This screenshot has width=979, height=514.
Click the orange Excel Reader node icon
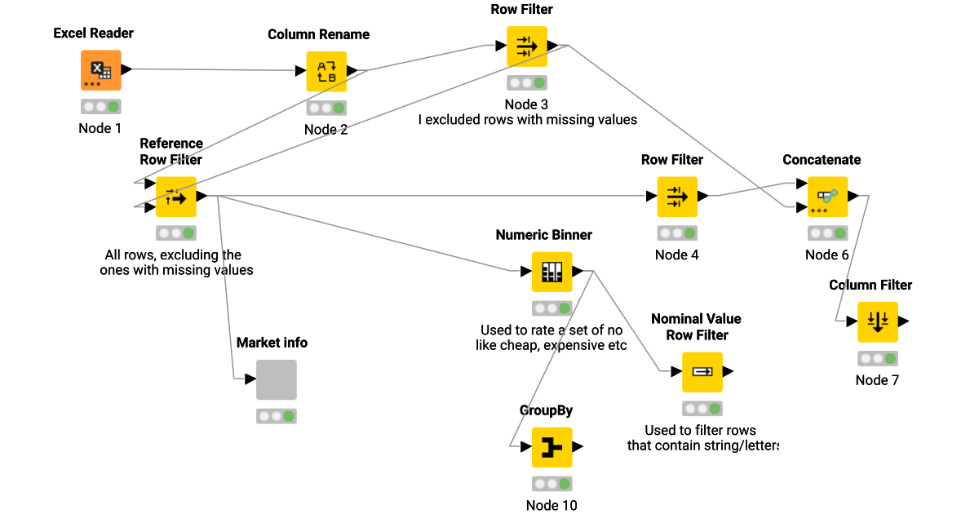pyautogui.click(x=101, y=70)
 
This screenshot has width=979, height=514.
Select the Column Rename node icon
pyautogui.click(x=326, y=71)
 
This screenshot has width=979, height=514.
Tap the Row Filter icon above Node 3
pyautogui.click(x=527, y=47)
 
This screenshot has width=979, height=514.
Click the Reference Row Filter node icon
pyautogui.click(x=176, y=197)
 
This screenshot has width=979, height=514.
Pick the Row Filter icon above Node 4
pyautogui.click(x=677, y=197)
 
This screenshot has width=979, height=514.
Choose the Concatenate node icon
pyautogui.click(x=827, y=197)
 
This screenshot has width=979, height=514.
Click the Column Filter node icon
pyautogui.click(x=878, y=321)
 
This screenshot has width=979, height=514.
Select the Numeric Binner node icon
pyautogui.click(x=552, y=272)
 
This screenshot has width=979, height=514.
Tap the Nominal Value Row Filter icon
pyautogui.click(x=702, y=372)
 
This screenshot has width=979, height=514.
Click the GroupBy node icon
pyautogui.click(x=552, y=447)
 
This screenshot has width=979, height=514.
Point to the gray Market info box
pyautogui.click(x=277, y=380)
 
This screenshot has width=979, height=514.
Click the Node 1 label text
pyautogui.click(x=100, y=128)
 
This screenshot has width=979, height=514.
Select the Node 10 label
pyautogui.click(x=552, y=505)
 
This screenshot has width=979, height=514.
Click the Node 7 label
pyautogui.click(x=877, y=380)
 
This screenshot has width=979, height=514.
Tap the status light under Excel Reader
pyautogui.click(x=101, y=106)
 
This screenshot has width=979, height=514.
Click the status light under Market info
pyautogui.click(x=277, y=416)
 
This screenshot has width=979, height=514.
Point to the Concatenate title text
pyautogui.click(x=822, y=160)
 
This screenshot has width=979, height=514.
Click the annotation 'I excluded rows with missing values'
pyautogui.click(x=527, y=120)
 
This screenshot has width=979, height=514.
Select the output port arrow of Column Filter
pyautogui.click(x=904, y=321)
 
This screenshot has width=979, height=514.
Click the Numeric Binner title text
pyautogui.click(x=544, y=235)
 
